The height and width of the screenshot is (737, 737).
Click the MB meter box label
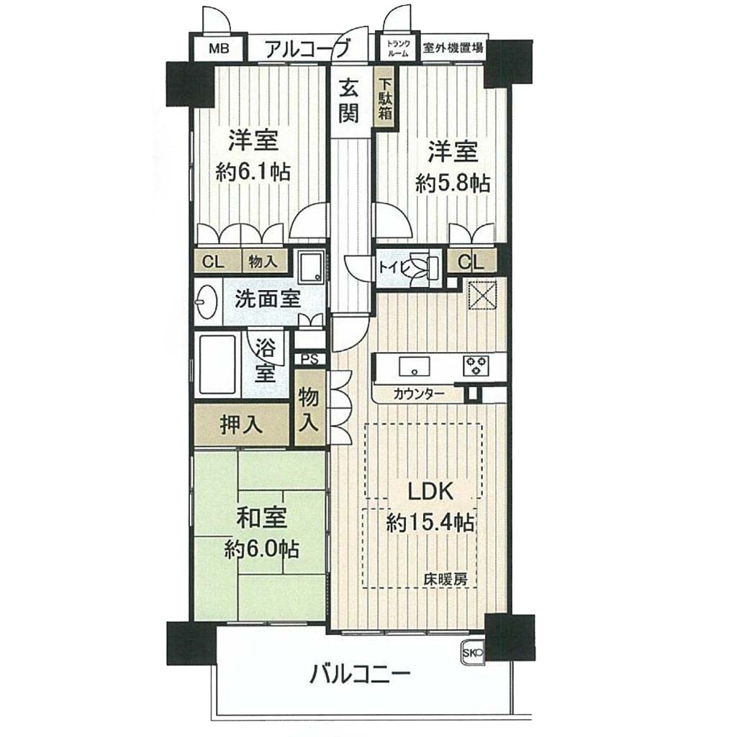pos(219,48)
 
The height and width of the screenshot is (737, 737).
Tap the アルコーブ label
pos(308,48)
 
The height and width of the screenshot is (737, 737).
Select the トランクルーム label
pos(398,48)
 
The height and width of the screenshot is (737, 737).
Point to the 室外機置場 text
pos(453,48)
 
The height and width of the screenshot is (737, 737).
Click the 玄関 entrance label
pos(349,101)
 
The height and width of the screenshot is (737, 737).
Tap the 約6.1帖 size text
pos(253,173)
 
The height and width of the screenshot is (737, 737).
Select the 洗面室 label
pos(268,299)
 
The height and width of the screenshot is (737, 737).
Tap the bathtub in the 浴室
pos(217,365)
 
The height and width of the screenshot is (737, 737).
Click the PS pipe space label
pos(309,360)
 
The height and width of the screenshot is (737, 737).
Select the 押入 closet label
pos(241,425)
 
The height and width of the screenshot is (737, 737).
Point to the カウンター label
pos(419,394)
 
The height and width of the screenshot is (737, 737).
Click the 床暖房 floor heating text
pos(446,580)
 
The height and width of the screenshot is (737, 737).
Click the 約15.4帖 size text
pos(430,523)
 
